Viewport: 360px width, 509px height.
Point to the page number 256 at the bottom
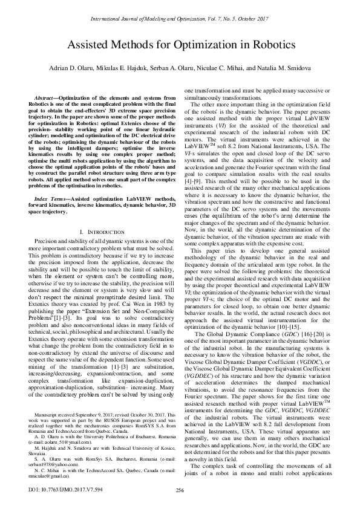tap(180, 490)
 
